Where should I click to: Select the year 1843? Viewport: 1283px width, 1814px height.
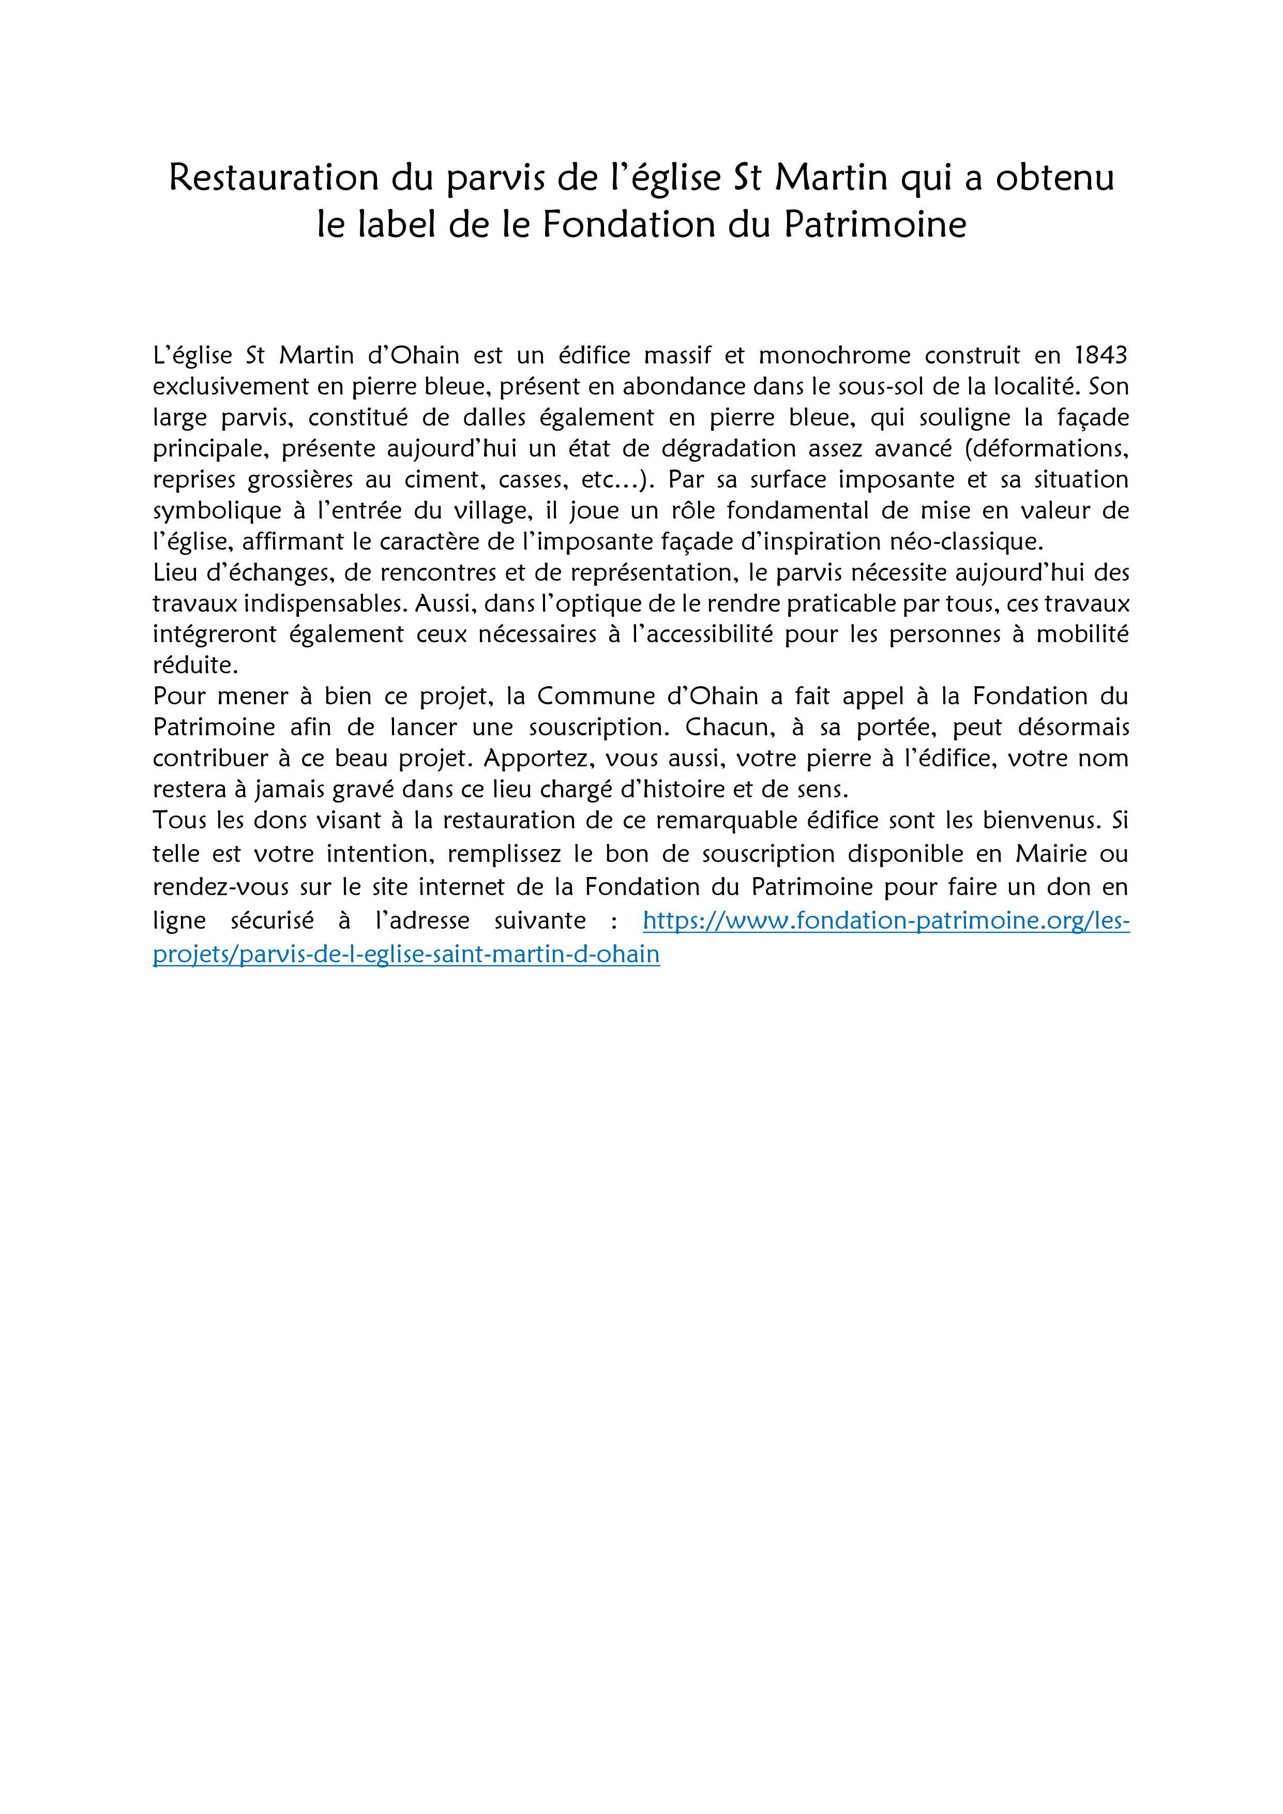pos(1101,356)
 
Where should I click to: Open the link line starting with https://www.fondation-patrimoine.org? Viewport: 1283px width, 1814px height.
pos(886,920)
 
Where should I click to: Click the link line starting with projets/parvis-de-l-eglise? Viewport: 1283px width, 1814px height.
pos(406,955)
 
